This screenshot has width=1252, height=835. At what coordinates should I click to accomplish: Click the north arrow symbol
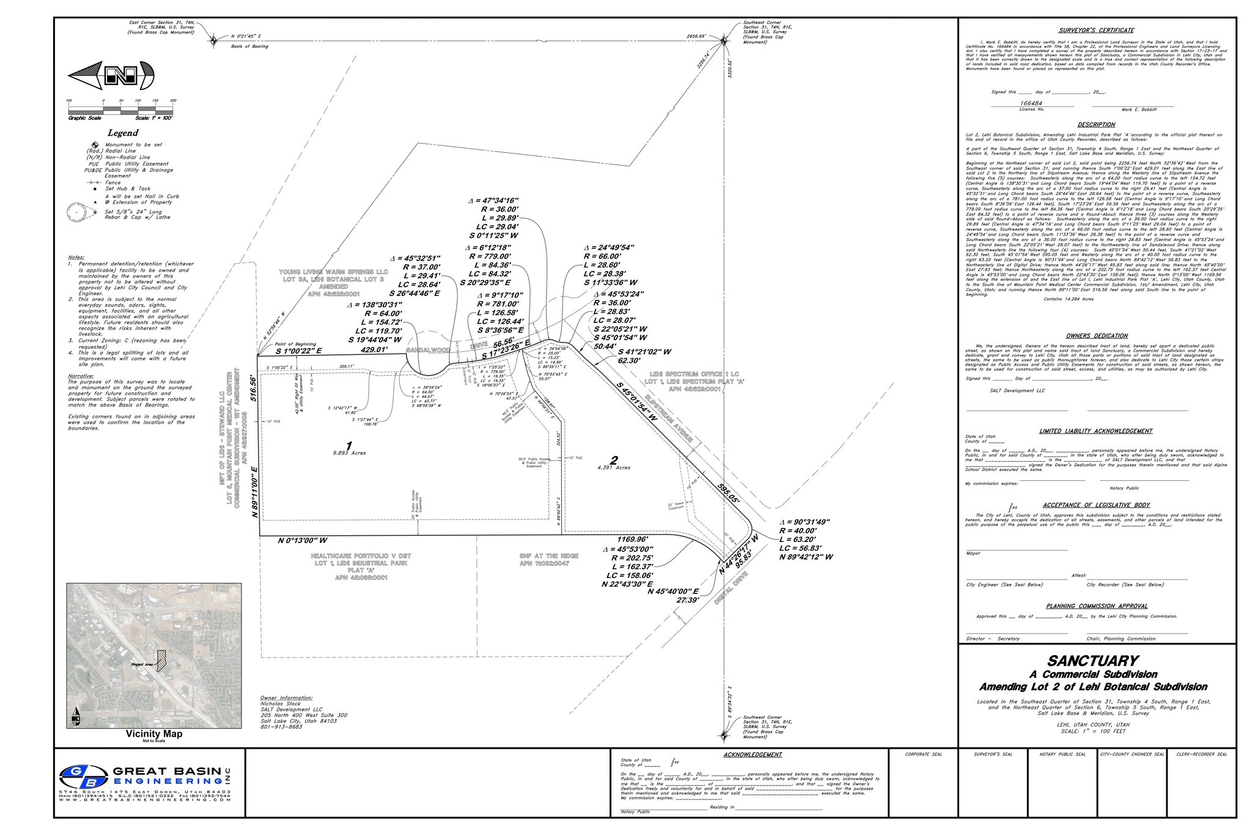(x=111, y=76)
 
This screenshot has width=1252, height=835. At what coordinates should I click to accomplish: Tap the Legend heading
(x=123, y=133)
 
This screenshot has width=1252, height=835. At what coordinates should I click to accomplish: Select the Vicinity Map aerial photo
(x=153, y=655)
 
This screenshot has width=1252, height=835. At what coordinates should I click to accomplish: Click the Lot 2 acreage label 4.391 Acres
(x=614, y=467)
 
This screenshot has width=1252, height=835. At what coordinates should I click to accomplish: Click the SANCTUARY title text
(x=1093, y=661)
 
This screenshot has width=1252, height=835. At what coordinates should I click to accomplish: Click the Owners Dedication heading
(x=1097, y=336)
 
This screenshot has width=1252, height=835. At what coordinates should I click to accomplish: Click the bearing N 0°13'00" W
(x=303, y=541)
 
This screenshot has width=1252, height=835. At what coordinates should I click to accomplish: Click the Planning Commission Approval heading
(x=1097, y=606)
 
